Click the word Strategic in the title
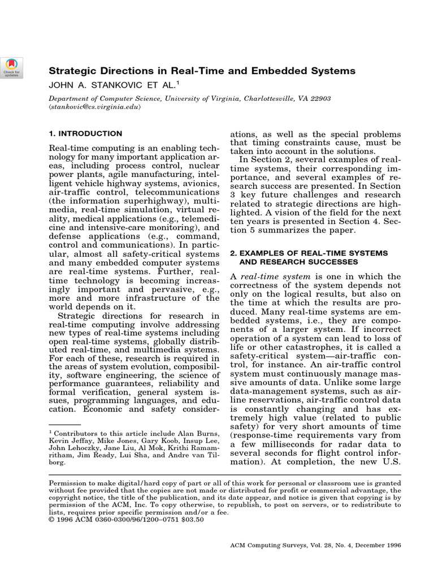tap(72, 71)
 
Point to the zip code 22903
tap(320, 98)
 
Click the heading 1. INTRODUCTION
tap(85, 134)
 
